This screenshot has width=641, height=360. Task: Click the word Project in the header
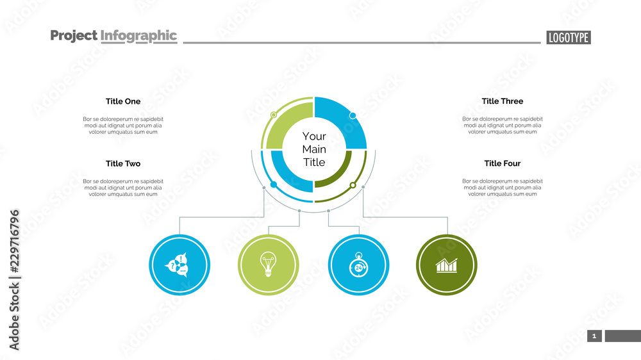click(x=74, y=36)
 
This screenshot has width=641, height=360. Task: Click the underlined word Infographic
click(x=138, y=36)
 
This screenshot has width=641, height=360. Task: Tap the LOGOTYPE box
click(x=569, y=38)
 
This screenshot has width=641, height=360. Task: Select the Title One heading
click(x=123, y=101)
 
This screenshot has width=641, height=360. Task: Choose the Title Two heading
click(x=123, y=164)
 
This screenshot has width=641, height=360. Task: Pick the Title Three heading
click(x=503, y=101)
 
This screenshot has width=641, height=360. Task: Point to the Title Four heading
click(x=503, y=164)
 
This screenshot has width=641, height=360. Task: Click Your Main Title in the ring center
click(x=314, y=149)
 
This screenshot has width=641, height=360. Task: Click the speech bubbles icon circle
click(x=179, y=265)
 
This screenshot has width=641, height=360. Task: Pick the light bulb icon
click(x=268, y=265)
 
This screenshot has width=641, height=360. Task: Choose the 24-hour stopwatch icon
click(x=358, y=265)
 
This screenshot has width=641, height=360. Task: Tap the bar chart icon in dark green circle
click(x=447, y=265)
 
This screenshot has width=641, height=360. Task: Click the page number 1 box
click(x=594, y=336)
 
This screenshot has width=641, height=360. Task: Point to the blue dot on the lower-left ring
click(x=274, y=184)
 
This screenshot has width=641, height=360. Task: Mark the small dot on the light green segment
click(x=274, y=115)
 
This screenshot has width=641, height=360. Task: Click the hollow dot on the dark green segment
click(x=352, y=185)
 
